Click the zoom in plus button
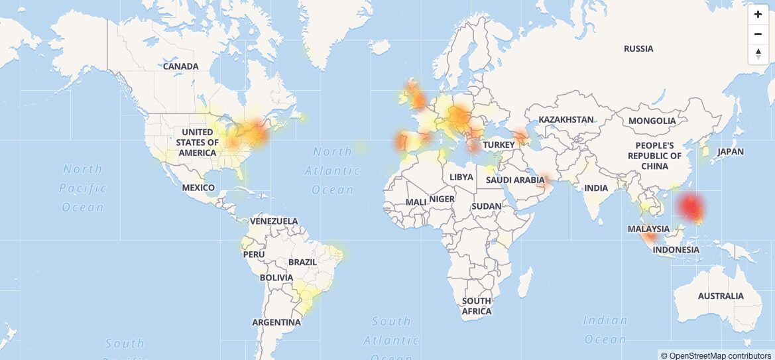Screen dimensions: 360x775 click(x=758, y=15)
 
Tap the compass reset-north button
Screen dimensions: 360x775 click(x=758, y=54)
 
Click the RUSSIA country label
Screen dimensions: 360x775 click(x=638, y=48)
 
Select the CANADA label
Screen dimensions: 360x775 click(x=180, y=66)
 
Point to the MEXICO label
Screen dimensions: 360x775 click(x=199, y=188)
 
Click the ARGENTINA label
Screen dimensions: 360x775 click(x=276, y=323)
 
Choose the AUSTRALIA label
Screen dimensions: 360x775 click(x=721, y=296)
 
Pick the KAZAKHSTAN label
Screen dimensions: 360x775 click(x=566, y=119)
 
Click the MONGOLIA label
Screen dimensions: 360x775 click(x=652, y=121)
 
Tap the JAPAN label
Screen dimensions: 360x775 click(x=731, y=151)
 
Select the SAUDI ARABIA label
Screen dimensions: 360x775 click(x=515, y=180)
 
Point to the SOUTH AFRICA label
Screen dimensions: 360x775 click(x=477, y=306)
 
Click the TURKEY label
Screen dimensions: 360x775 click(x=499, y=145)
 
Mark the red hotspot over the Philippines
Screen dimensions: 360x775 click(x=691, y=208)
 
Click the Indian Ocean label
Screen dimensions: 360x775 click(x=605, y=330)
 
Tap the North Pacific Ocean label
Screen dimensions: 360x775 click(x=83, y=188)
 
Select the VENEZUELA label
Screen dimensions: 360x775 click(x=274, y=221)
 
